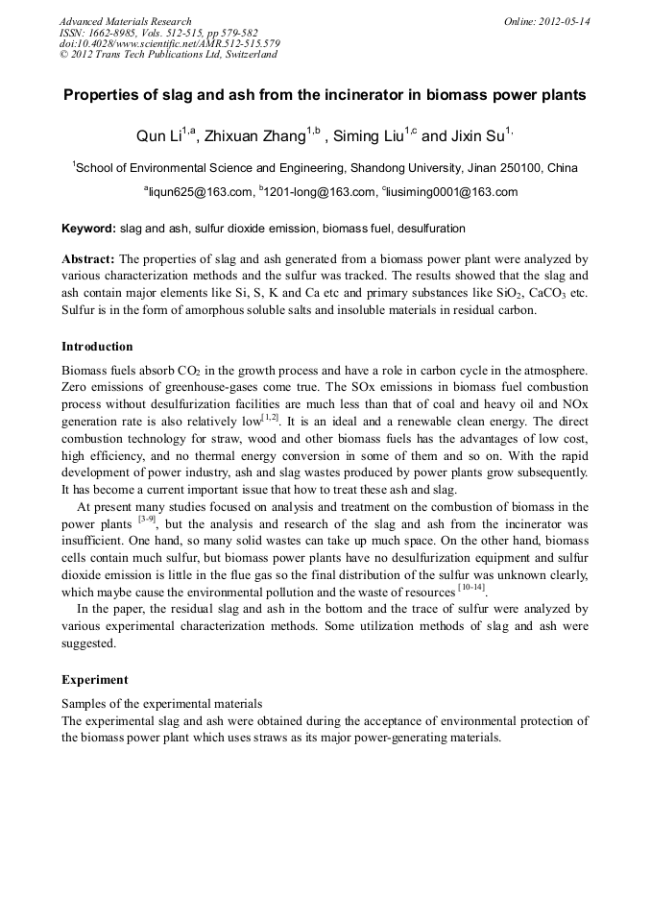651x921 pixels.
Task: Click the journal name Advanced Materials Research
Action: point(125,21)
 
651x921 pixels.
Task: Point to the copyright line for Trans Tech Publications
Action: point(168,55)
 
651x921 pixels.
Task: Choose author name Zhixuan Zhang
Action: point(254,136)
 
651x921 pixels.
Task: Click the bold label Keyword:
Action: point(88,229)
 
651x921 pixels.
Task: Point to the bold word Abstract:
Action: point(88,259)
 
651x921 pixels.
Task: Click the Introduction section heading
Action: point(97,347)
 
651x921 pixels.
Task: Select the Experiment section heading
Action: point(95,680)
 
